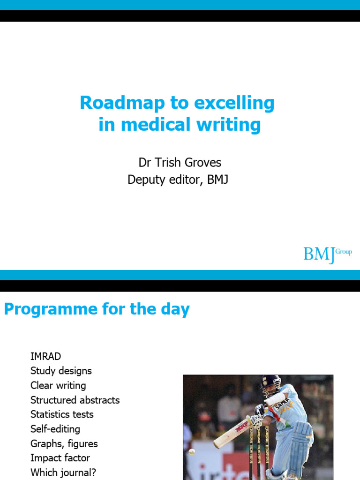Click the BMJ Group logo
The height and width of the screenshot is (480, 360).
point(327,254)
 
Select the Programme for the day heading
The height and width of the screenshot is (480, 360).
point(97,309)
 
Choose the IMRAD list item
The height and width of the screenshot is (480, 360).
point(45,356)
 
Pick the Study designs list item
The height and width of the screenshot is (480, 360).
point(61,371)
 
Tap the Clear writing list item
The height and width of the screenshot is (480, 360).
point(58,385)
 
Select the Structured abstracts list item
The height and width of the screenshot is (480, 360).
point(75,400)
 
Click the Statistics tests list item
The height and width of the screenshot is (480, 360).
point(62,414)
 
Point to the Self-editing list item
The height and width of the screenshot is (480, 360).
point(55,429)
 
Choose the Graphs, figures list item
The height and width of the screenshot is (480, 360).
point(64,443)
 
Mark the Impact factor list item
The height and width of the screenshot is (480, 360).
point(60,458)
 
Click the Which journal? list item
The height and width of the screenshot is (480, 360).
point(63,472)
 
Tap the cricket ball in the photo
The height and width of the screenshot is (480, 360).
point(191,451)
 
